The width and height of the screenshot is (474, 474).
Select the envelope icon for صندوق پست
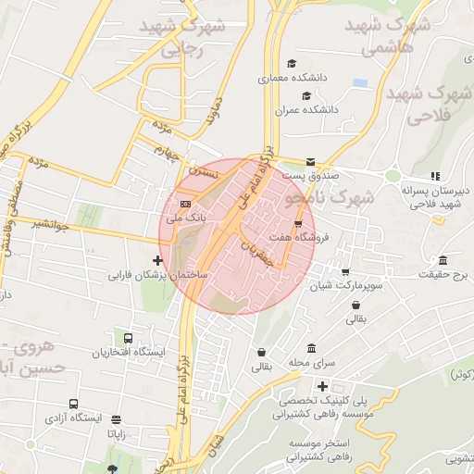pos(310,161)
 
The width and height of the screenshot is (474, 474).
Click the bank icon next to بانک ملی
pos(186,203)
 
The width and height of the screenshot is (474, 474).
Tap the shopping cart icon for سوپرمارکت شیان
pos(345,272)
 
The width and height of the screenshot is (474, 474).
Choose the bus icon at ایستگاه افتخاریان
pos(128,338)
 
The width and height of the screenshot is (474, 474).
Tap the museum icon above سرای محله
pos(310,349)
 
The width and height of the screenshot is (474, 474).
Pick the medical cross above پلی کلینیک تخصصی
pos(322,386)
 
